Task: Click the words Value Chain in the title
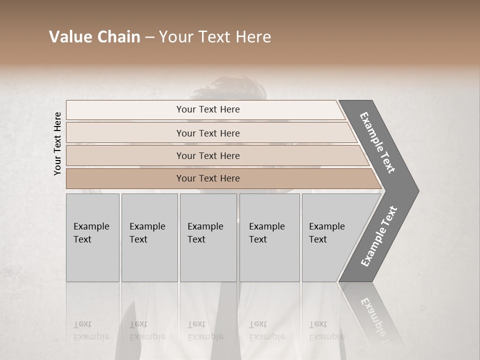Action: click(x=94, y=37)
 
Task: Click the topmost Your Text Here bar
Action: click(x=207, y=109)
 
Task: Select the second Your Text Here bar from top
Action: click(x=207, y=133)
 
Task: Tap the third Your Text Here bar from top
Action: click(x=207, y=155)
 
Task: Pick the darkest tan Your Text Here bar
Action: click(x=207, y=178)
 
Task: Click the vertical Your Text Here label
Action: click(x=57, y=143)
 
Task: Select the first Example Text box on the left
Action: click(x=92, y=237)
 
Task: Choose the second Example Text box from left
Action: click(x=149, y=237)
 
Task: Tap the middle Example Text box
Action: click(x=208, y=237)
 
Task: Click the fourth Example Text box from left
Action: click(x=269, y=237)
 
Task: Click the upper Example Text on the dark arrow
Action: click(x=377, y=142)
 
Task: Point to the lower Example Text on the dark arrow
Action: click(x=378, y=236)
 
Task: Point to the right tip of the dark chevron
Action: click(x=417, y=190)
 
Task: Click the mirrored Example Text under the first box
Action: click(x=91, y=330)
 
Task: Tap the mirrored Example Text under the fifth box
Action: click(x=326, y=330)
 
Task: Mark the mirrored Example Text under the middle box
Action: click(x=205, y=330)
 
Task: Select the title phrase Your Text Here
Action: click(x=215, y=37)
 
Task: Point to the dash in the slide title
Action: click(x=149, y=37)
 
